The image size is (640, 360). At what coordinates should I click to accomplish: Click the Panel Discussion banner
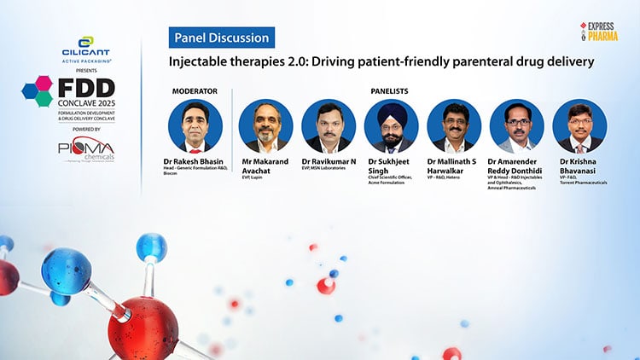coord(221,37)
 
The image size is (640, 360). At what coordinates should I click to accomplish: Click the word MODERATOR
coord(195,90)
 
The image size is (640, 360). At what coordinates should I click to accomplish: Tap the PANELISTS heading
coord(392,90)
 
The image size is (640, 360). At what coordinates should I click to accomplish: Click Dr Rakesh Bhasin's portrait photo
coord(195,126)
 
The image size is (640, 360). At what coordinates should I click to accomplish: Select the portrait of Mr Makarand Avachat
coord(265,126)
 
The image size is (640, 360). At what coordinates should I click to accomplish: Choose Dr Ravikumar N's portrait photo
coord(329,126)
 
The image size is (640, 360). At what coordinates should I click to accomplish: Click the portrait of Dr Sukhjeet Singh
coord(392,126)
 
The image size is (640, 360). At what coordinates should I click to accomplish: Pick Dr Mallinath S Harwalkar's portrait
coord(454,126)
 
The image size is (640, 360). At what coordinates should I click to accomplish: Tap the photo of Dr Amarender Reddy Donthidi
coord(517,126)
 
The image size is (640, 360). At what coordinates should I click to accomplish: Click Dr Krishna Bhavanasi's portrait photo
coord(580,126)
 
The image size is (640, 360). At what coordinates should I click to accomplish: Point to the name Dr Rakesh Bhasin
coord(194,160)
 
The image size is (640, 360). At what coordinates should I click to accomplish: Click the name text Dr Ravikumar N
coord(329,160)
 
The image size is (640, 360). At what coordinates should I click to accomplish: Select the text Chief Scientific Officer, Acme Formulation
coord(392,180)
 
